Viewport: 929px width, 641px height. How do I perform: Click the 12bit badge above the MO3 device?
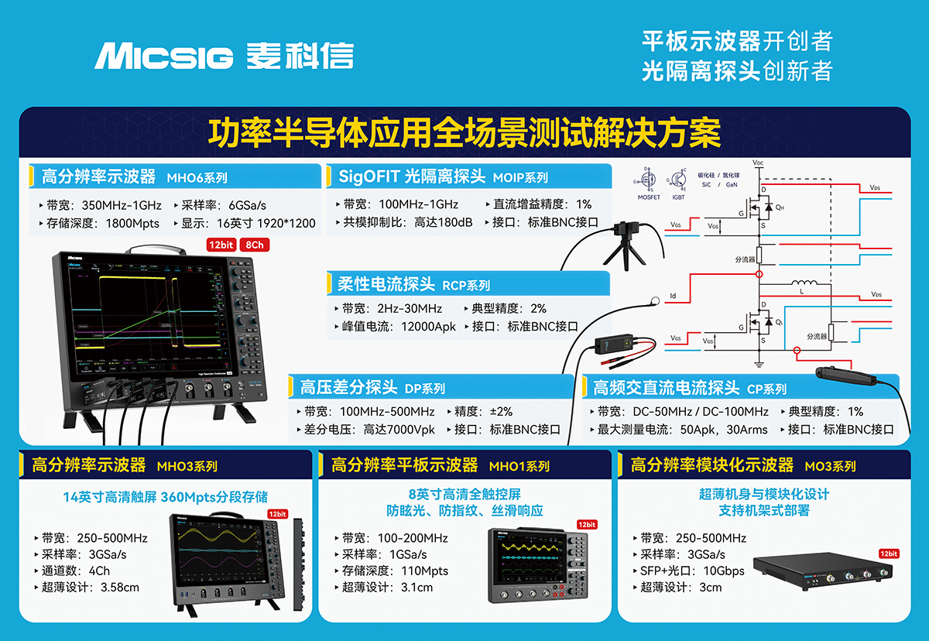point(888,554)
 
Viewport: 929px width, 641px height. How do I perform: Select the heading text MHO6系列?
point(197,177)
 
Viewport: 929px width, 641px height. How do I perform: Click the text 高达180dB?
point(444,222)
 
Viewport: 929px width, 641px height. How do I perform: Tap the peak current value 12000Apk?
point(428,327)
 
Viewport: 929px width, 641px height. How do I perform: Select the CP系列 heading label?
point(766,389)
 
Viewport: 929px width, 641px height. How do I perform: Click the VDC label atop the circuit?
point(759,163)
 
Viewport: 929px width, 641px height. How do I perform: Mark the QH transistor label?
point(780,208)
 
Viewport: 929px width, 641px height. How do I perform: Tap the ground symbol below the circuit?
point(759,364)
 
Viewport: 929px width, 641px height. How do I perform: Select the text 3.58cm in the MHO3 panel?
point(120,588)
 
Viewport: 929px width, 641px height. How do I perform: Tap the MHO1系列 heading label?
point(519,466)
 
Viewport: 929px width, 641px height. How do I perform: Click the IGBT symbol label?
point(679,197)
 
